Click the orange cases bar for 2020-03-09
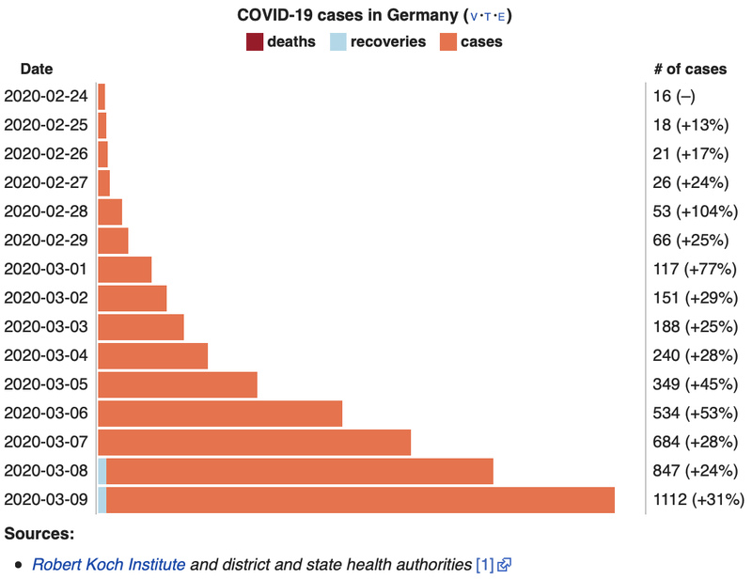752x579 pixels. (360, 500)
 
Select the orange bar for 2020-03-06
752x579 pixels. (220, 414)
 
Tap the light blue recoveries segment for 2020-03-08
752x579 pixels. (102, 472)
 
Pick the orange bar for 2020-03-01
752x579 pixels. (124, 270)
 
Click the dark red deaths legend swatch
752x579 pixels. (254, 41)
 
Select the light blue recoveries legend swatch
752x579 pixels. (337, 41)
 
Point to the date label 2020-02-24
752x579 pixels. (45, 97)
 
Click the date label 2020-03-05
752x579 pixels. (45, 384)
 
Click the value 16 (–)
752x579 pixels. (674, 97)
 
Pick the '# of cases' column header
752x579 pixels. (690, 69)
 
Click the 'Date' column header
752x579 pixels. (37, 69)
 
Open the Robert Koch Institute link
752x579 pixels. (109, 565)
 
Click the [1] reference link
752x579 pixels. (484, 565)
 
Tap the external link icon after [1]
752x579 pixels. (505, 565)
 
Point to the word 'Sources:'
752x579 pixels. (39, 534)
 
